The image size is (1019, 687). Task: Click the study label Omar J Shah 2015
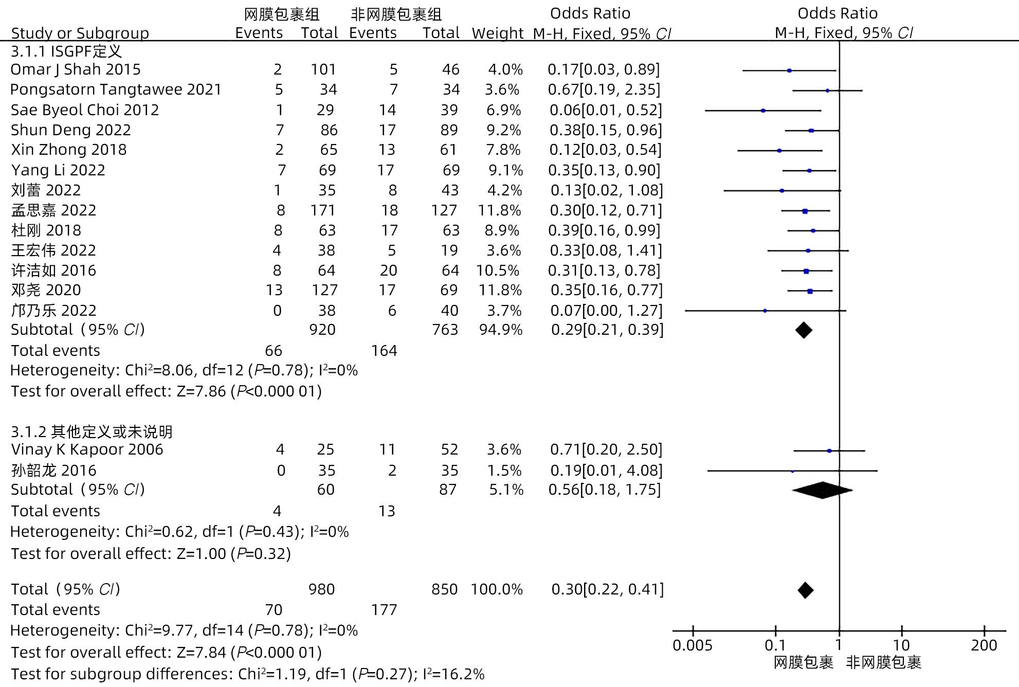(x=76, y=69)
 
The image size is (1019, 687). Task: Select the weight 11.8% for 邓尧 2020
(x=500, y=290)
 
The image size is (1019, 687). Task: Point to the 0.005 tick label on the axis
(x=692, y=645)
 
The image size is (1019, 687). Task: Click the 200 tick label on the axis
(x=984, y=645)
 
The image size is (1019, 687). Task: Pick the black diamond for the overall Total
(x=805, y=590)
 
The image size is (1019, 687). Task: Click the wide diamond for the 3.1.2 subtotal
(x=822, y=490)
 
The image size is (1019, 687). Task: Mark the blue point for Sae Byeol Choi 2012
(x=763, y=111)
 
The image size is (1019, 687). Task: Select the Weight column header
(x=497, y=33)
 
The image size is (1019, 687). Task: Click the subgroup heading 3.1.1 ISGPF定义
(x=66, y=51)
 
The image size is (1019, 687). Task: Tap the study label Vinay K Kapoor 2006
(x=87, y=449)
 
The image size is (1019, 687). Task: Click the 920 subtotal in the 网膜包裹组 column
(x=322, y=330)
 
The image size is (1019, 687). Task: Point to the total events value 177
(x=384, y=610)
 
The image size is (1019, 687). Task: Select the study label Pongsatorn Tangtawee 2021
(x=116, y=89)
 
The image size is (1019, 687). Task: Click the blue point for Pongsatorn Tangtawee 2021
(x=827, y=91)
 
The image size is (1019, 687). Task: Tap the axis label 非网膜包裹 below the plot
(x=883, y=663)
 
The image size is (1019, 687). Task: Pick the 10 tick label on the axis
(x=901, y=645)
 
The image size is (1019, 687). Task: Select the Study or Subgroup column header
(x=80, y=33)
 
